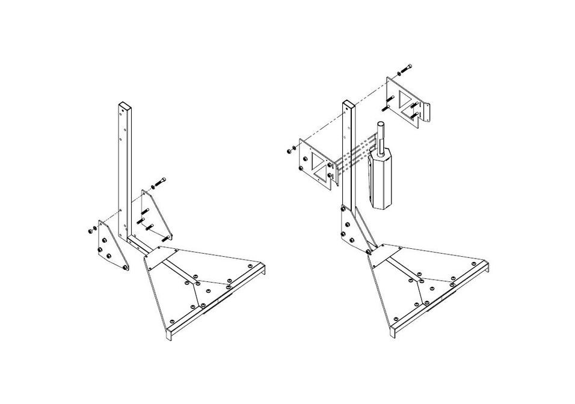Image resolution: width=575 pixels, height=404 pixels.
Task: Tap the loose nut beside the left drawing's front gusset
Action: point(91,230)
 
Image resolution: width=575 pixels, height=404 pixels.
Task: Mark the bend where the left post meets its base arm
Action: point(129,239)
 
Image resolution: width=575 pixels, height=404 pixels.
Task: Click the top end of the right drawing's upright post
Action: point(347,103)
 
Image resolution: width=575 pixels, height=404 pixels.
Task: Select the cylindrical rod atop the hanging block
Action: point(380,132)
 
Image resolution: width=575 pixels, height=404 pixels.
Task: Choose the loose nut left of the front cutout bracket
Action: point(290,149)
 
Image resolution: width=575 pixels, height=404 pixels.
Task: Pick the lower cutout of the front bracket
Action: point(329,176)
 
